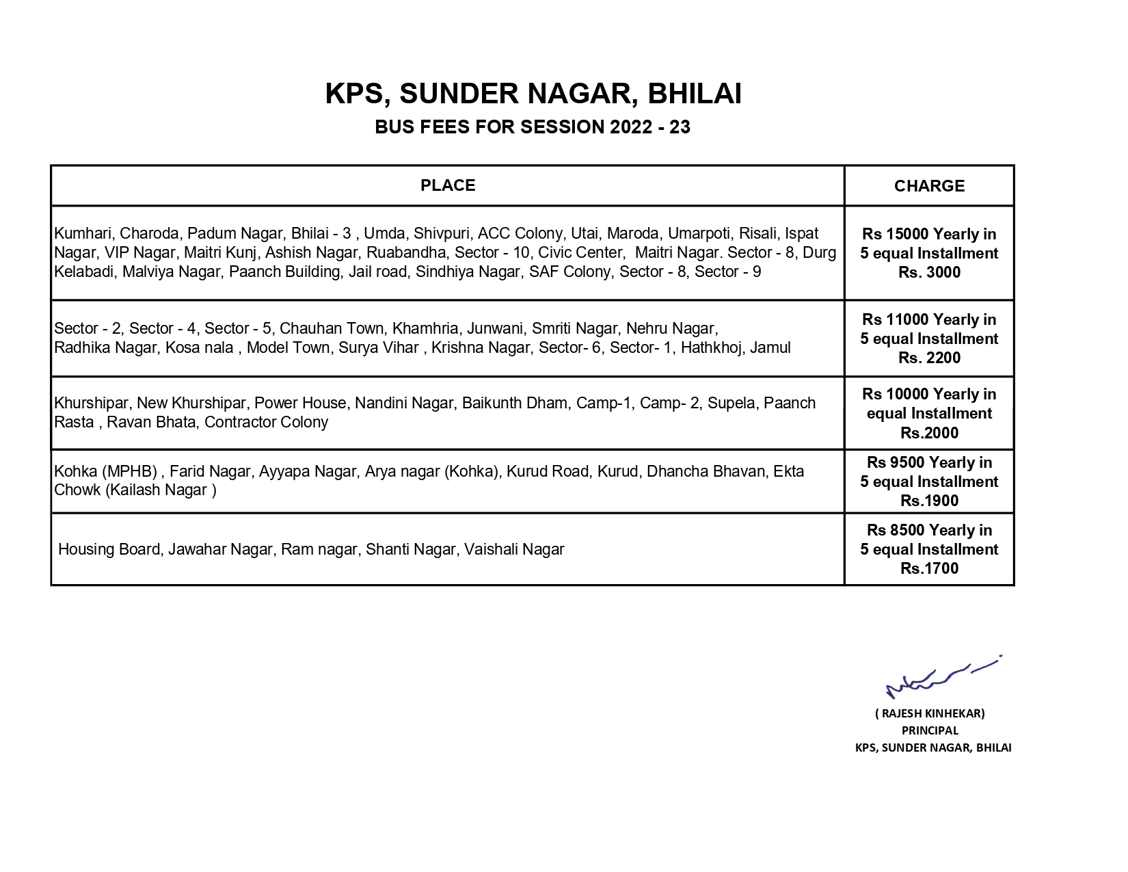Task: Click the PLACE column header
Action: (448, 185)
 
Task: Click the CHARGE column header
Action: (929, 186)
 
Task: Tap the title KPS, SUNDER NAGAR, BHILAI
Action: (533, 94)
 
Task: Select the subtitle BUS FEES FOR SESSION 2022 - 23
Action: (533, 127)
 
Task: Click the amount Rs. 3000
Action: (929, 272)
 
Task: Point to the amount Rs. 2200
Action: (929, 358)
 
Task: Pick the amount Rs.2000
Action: (929, 433)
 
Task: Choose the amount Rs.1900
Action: (929, 501)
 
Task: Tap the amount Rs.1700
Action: (929, 568)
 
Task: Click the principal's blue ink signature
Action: (940, 677)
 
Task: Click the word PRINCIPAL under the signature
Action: (930, 730)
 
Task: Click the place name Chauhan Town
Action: (332, 329)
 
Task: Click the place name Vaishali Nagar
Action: (514, 550)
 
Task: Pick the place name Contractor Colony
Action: (266, 423)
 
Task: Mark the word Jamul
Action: (770, 348)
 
